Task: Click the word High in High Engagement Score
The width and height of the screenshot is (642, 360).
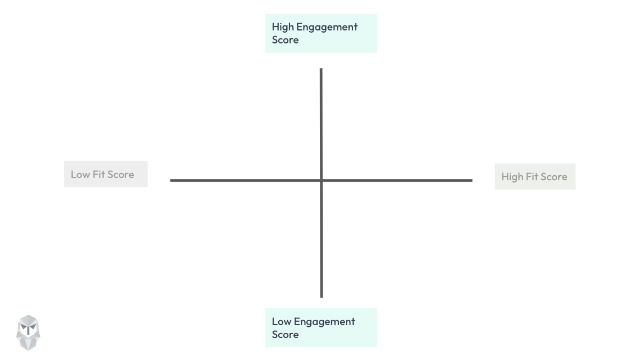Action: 283,27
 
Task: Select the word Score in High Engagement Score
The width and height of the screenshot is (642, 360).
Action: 285,40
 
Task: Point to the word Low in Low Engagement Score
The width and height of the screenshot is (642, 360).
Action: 281,322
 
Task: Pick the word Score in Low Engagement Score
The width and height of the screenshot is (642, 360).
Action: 285,335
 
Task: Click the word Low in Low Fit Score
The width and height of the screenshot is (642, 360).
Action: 81,175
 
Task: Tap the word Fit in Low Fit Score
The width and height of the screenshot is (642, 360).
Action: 100,175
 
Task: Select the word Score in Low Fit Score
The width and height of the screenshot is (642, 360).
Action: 121,175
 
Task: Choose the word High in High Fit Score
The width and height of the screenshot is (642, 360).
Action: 512,177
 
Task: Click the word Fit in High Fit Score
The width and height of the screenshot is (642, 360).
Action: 533,177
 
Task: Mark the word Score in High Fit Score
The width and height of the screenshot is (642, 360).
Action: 554,177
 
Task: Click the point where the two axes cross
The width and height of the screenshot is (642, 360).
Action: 321,180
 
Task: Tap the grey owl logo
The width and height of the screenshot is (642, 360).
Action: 28,332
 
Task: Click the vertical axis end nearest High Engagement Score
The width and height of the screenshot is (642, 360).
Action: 321,70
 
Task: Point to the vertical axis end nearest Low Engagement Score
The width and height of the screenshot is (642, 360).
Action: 321,296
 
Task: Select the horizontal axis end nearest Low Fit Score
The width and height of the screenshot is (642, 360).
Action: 172,180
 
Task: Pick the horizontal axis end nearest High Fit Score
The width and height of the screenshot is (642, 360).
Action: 471,180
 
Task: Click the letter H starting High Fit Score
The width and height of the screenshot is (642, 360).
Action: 505,177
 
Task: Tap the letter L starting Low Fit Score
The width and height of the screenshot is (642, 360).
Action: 73,175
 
